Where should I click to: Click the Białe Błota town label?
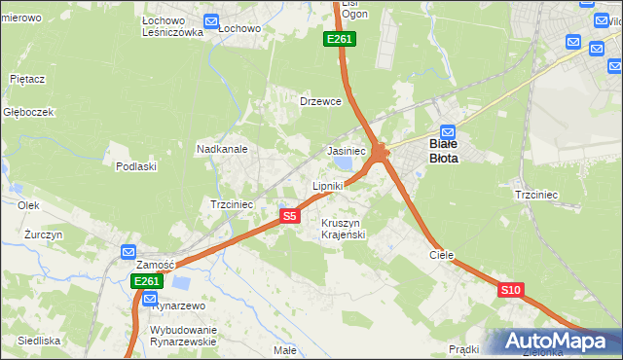coord(449,148)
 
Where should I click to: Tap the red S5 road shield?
coord(289,216)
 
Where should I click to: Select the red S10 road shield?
coord(511,290)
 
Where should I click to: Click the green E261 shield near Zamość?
coord(146,281)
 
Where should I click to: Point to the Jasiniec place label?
coord(346,152)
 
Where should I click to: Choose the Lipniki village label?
coord(328,185)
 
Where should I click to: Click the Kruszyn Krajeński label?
coord(342,229)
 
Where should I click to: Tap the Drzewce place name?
coord(320,101)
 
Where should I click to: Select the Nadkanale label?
coord(222,150)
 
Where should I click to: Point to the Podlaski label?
coord(136,166)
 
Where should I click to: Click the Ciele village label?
coord(442,254)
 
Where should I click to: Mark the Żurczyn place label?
coord(44,235)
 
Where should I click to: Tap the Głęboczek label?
coord(27,112)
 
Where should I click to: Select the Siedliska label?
coord(39,341)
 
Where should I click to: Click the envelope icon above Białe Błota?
coord(448,132)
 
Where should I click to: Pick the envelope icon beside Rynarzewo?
coord(149,299)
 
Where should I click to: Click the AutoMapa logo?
coord(552,341)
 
